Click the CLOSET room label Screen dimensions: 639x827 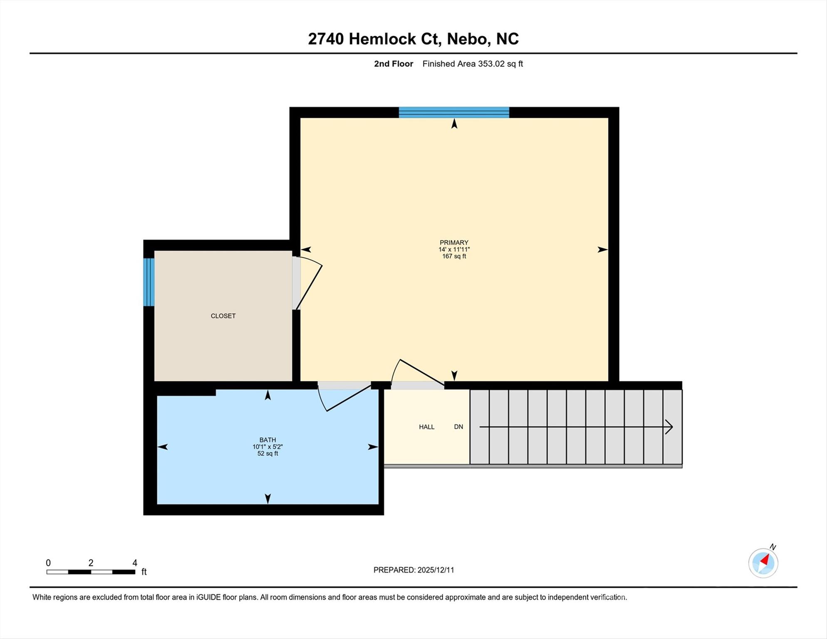coord(223,316)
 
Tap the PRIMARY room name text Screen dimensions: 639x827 coord(454,243)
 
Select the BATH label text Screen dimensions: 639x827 coord(267,440)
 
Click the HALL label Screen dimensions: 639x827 coord(426,427)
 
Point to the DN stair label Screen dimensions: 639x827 coord(458,427)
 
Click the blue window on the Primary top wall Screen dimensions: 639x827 coord(454,112)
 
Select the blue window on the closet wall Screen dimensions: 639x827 coord(149,282)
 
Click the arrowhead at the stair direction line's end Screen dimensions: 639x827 coord(669,427)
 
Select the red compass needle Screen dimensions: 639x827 coord(765,560)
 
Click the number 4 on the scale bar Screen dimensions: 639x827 coord(135,563)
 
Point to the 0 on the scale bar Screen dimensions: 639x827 coord(48,563)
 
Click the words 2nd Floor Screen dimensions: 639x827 coord(393,64)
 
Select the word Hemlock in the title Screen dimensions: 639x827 coord(382,39)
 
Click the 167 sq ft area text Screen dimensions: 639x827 coord(454,256)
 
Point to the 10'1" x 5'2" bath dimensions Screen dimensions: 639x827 coord(267,447)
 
